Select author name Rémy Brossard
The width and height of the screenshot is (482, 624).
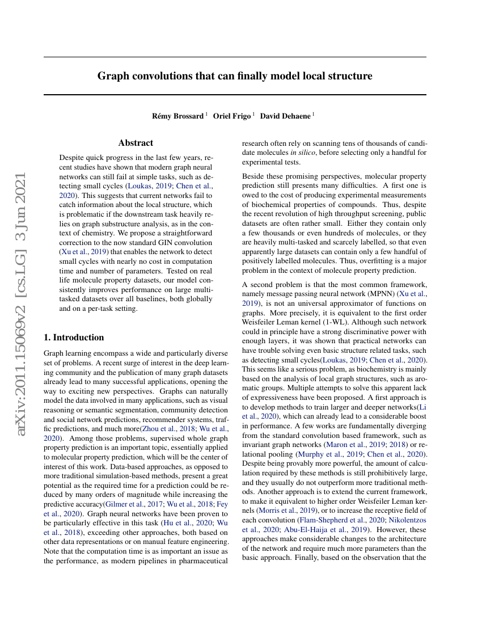(x=177, y=116)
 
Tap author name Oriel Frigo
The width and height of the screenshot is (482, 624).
(x=232, y=116)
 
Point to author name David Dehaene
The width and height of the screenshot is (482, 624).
(x=285, y=116)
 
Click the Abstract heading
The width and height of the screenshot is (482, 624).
(x=136, y=143)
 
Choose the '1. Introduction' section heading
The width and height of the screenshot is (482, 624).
(x=74, y=338)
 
